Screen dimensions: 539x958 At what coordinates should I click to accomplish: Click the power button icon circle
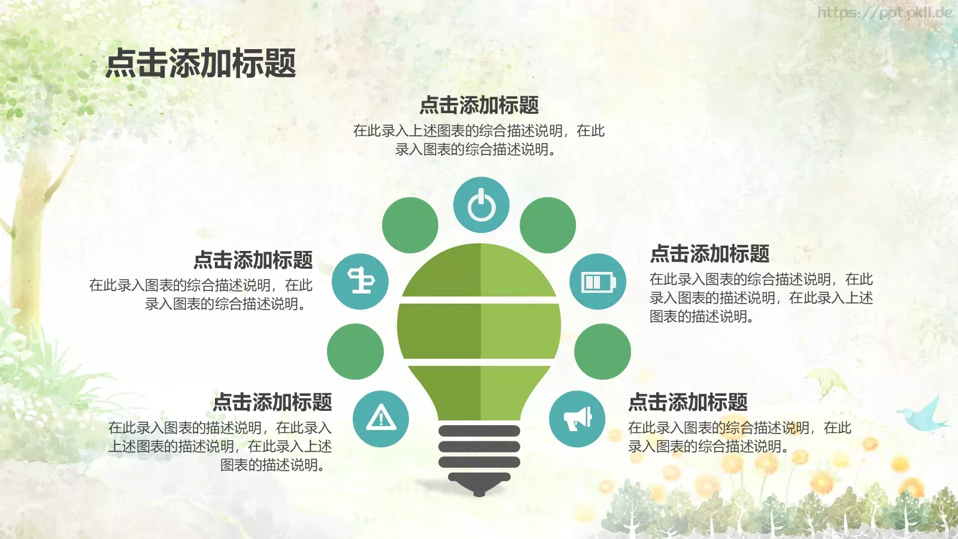click(x=481, y=205)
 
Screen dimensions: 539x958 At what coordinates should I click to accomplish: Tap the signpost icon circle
click(x=360, y=281)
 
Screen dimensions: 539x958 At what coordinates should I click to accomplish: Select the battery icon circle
click(x=598, y=281)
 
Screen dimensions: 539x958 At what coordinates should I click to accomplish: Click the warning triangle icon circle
click(x=381, y=419)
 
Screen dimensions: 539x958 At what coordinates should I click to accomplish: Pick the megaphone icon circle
click(x=577, y=419)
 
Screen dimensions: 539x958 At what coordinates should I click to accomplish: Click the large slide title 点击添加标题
click(x=201, y=63)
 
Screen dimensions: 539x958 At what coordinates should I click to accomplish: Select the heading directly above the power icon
click(x=479, y=105)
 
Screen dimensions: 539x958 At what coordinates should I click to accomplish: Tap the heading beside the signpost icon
click(x=253, y=260)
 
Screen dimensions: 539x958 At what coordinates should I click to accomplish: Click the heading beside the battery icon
click(x=710, y=254)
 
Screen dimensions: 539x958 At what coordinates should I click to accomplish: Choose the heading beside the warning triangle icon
click(x=272, y=402)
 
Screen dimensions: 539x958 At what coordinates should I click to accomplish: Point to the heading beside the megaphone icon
click(x=688, y=402)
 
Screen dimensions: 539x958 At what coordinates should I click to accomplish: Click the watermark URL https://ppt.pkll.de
click(x=884, y=13)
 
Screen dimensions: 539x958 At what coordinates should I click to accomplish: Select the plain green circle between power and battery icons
click(x=548, y=225)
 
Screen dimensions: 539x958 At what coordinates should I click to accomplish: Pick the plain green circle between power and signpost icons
click(x=410, y=225)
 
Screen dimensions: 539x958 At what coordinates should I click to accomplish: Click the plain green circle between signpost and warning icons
click(x=356, y=352)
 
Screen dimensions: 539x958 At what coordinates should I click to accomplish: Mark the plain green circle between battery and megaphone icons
click(x=602, y=352)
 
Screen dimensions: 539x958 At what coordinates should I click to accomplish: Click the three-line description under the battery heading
click(x=761, y=298)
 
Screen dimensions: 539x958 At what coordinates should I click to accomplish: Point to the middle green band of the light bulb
click(x=479, y=331)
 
